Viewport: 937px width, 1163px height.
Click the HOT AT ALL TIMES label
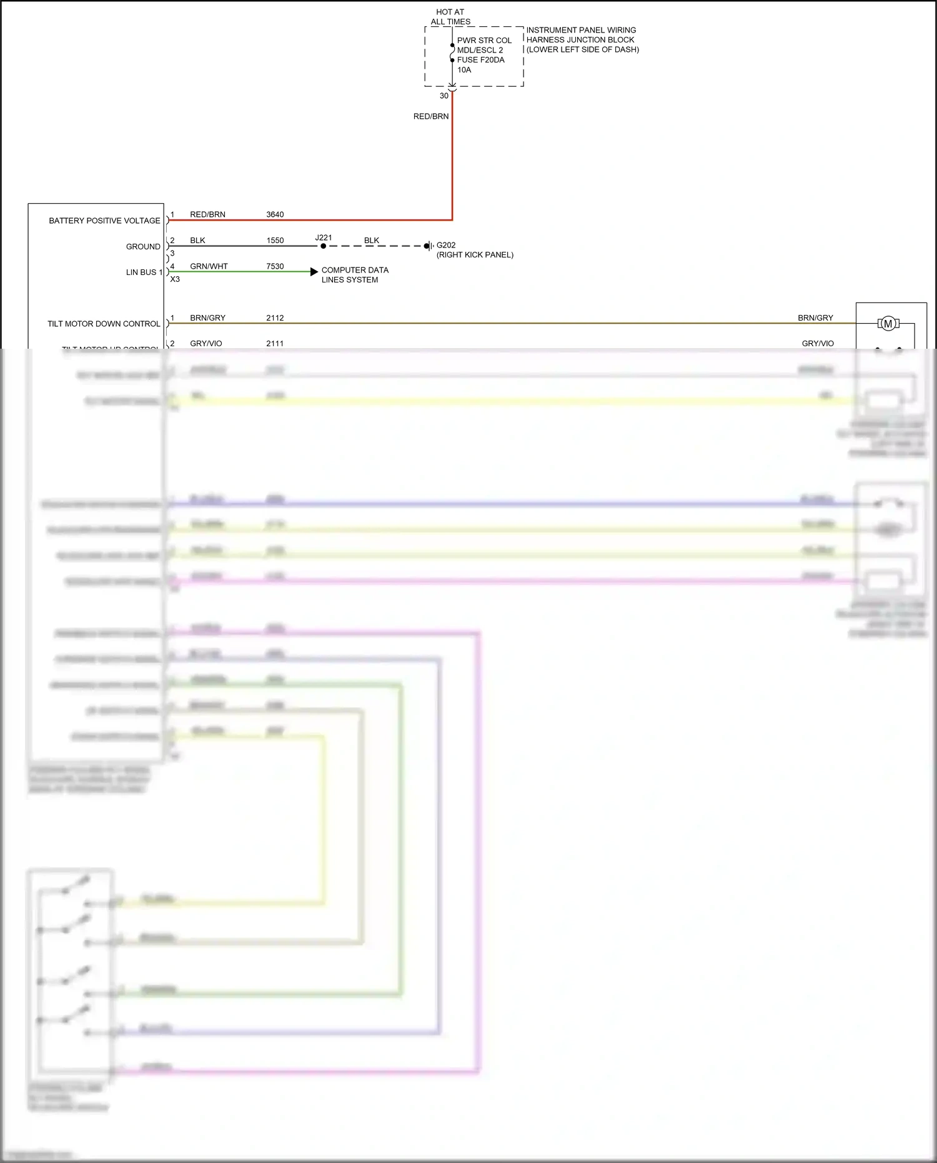tap(450, 17)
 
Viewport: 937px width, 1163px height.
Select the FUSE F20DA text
tap(480, 60)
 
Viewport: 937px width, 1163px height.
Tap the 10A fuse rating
tap(464, 70)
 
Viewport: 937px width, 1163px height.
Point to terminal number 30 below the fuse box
tap(444, 96)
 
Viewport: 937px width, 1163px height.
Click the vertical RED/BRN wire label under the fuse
tap(431, 116)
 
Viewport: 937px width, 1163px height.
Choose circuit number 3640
tap(275, 214)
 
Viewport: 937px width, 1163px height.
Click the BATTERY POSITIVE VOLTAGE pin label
tap(104, 221)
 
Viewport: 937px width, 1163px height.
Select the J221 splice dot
tap(323, 246)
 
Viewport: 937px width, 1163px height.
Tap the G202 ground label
tap(446, 245)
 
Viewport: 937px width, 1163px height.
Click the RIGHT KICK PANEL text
tap(475, 255)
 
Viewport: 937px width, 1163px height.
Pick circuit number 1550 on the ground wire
tap(275, 241)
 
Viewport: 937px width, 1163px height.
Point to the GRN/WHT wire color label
tap(209, 266)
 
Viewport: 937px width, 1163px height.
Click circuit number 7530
tap(275, 266)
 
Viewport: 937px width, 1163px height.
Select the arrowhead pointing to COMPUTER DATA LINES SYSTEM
tap(314, 272)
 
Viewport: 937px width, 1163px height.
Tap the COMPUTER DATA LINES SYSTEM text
tap(355, 275)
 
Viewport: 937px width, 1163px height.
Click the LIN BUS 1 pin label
tap(144, 272)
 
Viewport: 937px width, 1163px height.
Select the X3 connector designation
tap(175, 279)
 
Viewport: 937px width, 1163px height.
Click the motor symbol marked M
tap(888, 324)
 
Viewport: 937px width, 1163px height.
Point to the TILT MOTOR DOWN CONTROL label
tap(104, 324)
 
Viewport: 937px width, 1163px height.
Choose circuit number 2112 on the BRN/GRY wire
tap(275, 318)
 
